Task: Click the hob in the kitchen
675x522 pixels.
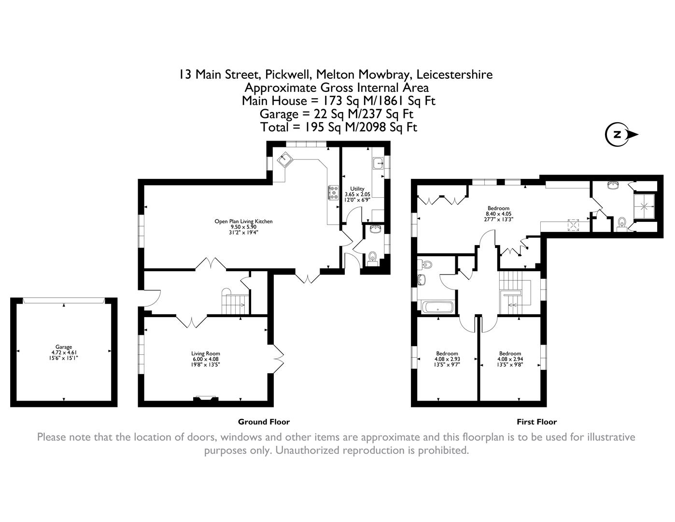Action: pyautogui.click(x=333, y=192)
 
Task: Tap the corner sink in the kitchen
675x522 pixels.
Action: pyautogui.click(x=285, y=158)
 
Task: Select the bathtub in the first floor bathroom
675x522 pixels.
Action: pyautogui.click(x=438, y=307)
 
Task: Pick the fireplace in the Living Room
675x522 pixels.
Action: pyautogui.click(x=206, y=399)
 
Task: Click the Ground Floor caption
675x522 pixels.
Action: pyautogui.click(x=264, y=422)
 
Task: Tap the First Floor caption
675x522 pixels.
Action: pyautogui.click(x=536, y=422)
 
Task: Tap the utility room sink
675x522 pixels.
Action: pyautogui.click(x=378, y=163)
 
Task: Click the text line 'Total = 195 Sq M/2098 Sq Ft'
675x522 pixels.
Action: pyautogui.click(x=338, y=127)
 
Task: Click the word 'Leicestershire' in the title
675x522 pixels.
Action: pyautogui.click(x=454, y=74)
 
